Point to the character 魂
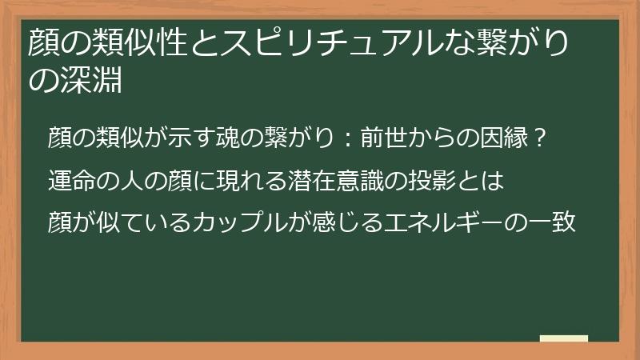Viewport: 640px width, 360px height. pyautogui.click(x=228, y=138)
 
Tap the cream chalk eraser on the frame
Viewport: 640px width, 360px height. pyautogui.click(x=564, y=338)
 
